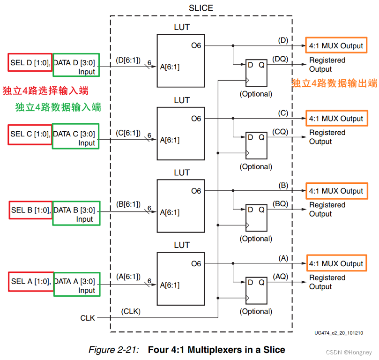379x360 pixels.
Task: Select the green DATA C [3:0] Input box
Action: [76, 136]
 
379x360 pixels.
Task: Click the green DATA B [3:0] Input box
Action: [76, 213]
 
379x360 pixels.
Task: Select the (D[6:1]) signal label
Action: [127, 60]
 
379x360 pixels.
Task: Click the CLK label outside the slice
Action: [88, 318]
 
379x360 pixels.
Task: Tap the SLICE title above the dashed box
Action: [201, 8]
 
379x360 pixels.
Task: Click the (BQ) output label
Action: [281, 204]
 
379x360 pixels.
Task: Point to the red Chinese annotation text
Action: [45, 90]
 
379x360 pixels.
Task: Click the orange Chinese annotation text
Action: [334, 83]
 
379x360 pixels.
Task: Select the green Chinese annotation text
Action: [58, 107]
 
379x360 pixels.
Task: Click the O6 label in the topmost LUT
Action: [196, 46]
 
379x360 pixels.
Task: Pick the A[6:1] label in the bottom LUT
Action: [170, 285]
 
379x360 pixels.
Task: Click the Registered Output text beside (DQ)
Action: [327, 65]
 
